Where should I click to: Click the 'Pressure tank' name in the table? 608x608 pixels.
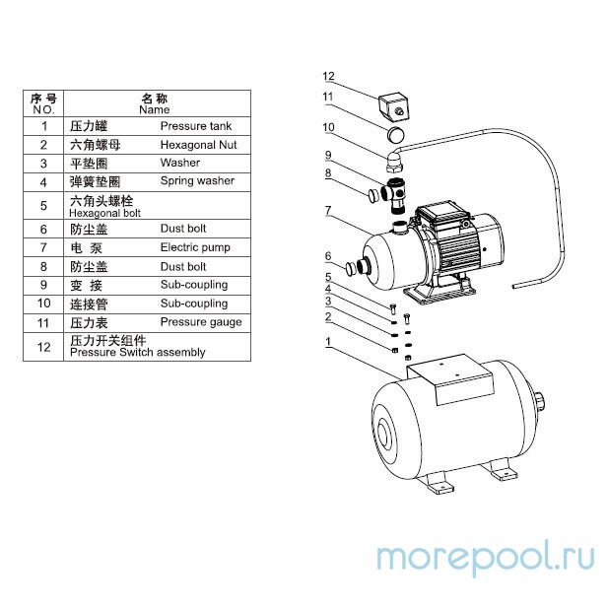tap(196, 126)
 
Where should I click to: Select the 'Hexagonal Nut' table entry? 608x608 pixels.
tap(198, 145)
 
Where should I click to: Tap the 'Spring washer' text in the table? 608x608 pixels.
tap(197, 181)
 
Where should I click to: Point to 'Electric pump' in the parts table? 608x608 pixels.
tap(195, 247)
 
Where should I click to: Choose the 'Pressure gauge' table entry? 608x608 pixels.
tap(201, 322)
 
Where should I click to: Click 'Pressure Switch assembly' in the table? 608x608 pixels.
tap(138, 352)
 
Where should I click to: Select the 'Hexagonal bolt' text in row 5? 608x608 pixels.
tap(104, 213)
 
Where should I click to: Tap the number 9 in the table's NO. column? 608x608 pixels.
tap(43, 285)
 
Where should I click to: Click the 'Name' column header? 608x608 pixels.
tap(155, 109)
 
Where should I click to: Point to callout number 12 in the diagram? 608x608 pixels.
tap(328, 76)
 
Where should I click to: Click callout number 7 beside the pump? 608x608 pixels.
tap(328, 211)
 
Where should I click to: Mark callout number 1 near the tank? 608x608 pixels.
tap(328, 342)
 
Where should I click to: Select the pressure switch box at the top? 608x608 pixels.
tap(393, 107)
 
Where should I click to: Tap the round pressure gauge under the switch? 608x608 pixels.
tap(395, 135)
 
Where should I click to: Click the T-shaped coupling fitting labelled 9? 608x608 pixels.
tap(394, 193)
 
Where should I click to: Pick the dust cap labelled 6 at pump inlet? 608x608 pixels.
tap(351, 268)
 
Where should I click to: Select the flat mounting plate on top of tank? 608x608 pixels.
tap(450, 378)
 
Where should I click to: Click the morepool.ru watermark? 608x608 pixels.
tap(486, 557)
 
